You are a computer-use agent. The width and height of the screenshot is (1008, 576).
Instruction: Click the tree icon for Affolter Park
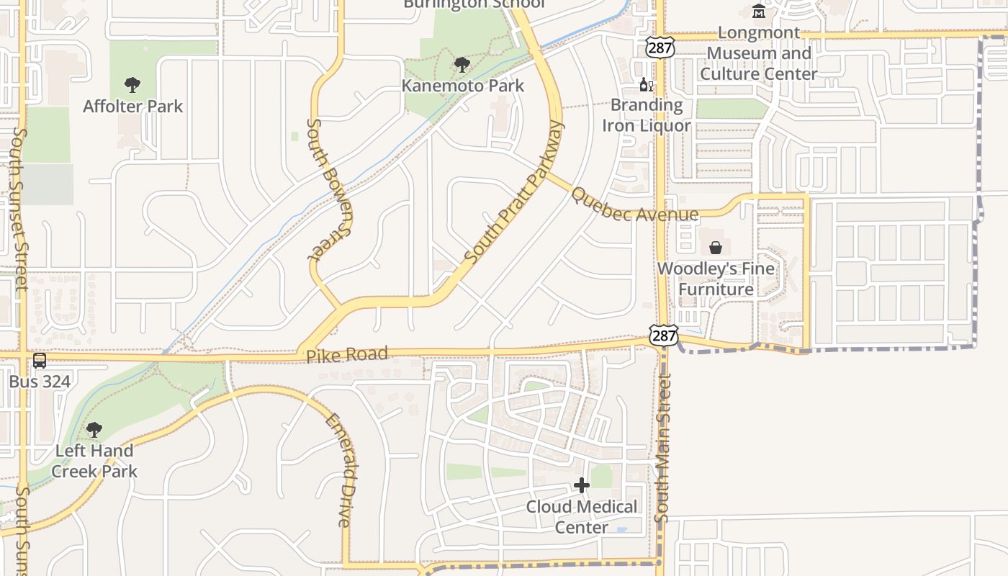pyautogui.click(x=132, y=86)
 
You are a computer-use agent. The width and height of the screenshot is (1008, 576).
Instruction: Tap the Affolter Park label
pyautogui.click(x=133, y=107)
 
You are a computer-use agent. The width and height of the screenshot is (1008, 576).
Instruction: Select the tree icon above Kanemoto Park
pyautogui.click(x=462, y=66)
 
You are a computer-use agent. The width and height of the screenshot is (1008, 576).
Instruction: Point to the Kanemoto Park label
pyautogui.click(x=462, y=86)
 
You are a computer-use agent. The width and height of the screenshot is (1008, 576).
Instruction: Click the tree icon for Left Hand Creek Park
pyautogui.click(x=94, y=431)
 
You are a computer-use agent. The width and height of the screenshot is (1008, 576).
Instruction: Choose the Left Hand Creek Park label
pyautogui.click(x=94, y=462)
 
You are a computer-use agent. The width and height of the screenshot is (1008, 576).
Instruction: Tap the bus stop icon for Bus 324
pyautogui.click(x=40, y=361)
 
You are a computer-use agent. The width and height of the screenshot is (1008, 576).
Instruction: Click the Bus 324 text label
pyautogui.click(x=40, y=382)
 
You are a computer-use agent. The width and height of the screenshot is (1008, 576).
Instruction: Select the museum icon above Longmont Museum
pyautogui.click(x=759, y=12)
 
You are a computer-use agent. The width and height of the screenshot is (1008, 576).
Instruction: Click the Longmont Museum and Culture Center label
pyautogui.click(x=759, y=53)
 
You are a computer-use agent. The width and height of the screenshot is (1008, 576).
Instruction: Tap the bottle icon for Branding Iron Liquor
pyautogui.click(x=647, y=85)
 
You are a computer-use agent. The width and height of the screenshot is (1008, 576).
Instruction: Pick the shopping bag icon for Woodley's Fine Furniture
pyautogui.click(x=716, y=248)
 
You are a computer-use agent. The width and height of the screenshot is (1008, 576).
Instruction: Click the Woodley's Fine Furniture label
pyautogui.click(x=716, y=279)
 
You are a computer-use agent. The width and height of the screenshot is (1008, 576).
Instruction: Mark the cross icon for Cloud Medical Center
pyautogui.click(x=582, y=486)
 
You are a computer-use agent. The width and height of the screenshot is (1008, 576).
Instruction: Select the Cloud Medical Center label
pyautogui.click(x=582, y=517)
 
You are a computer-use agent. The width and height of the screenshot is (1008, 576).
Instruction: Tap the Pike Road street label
pyautogui.click(x=347, y=355)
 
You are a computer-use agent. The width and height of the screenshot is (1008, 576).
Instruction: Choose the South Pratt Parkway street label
pyautogui.click(x=513, y=193)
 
